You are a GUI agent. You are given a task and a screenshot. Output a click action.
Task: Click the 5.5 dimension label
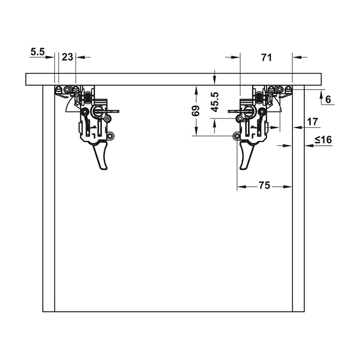38,52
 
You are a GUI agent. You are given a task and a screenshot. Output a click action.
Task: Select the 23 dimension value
67,57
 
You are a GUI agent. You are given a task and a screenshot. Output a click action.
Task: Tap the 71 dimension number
266,58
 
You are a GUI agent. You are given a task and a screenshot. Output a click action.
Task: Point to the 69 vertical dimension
196,111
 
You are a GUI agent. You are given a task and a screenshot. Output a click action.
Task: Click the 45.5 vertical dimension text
215,102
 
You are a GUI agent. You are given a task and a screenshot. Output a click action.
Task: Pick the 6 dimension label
328,99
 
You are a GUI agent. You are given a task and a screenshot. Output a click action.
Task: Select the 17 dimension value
312,121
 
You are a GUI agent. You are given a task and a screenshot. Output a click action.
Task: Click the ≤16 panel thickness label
323,139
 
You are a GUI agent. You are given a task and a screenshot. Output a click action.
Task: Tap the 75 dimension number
265,185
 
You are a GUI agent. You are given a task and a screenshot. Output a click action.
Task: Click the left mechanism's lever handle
103,157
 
